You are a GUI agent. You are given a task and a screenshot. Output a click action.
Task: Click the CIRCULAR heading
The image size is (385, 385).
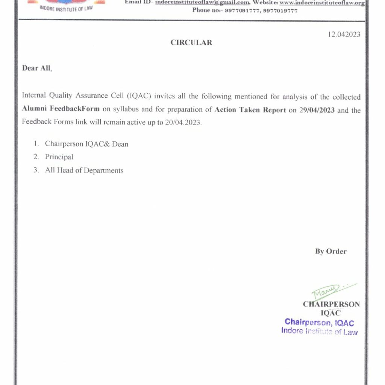(x=191, y=42)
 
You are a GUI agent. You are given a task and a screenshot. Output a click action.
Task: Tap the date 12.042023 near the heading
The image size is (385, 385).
(x=344, y=35)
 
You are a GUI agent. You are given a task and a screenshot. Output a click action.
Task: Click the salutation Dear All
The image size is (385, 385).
(x=37, y=68)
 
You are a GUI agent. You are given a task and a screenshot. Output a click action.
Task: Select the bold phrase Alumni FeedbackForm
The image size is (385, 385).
(x=61, y=109)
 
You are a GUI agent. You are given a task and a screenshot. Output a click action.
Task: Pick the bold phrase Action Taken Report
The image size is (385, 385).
(x=250, y=110)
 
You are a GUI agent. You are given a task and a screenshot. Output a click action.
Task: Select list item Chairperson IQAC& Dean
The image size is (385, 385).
(x=86, y=144)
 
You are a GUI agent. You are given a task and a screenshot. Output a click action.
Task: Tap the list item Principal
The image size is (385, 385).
(x=59, y=157)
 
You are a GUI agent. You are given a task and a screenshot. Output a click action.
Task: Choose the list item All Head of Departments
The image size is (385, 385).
(x=84, y=171)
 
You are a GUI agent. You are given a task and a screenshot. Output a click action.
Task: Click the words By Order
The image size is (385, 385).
(x=331, y=252)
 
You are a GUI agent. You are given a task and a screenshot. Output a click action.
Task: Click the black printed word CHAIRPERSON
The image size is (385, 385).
(x=331, y=304)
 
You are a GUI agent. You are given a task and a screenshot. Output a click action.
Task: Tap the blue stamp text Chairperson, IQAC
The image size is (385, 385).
(x=319, y=322)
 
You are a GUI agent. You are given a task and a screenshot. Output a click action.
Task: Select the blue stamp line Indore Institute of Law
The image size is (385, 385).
(x=319, y=331)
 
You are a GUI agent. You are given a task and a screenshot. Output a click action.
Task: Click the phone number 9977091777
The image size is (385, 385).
(x=242, y=11)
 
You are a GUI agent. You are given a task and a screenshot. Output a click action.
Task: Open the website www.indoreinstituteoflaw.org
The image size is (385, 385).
(x=322, y=3)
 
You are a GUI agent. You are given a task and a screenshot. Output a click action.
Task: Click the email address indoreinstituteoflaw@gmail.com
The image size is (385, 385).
(x=202, y=3)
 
